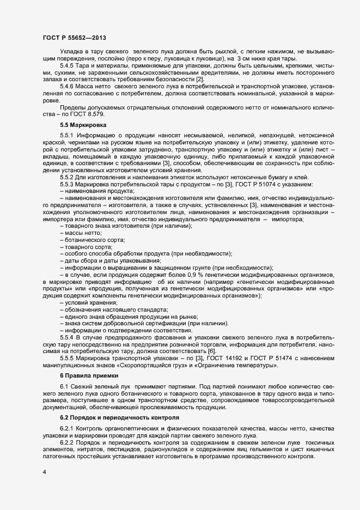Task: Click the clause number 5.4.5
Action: tap(68, 65)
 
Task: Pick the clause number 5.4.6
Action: tap(68, 87)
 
